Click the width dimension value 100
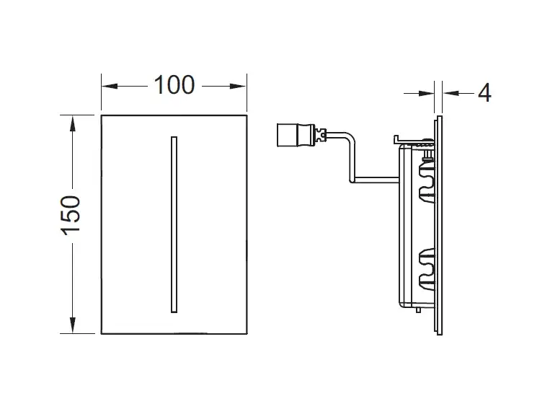(173, 84)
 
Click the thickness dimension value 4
(484, 92)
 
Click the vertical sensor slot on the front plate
(172, 224)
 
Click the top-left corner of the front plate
(101, 114)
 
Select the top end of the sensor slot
(172, 136)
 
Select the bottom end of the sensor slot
(172, 312)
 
